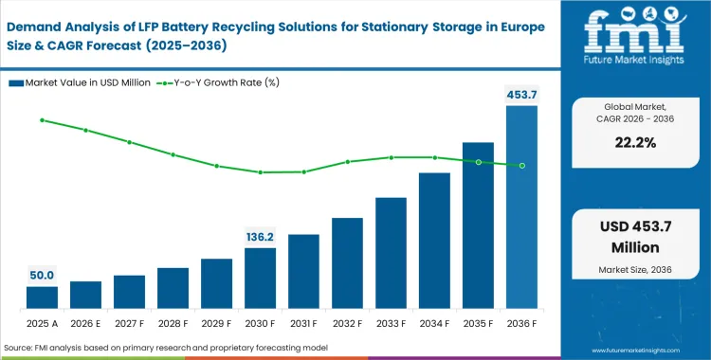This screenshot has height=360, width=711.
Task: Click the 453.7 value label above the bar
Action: point(521,94)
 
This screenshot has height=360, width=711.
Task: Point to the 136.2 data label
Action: point(260,236)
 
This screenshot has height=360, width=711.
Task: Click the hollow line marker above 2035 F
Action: point(478,162)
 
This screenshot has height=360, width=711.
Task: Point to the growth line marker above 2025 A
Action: point(42,120)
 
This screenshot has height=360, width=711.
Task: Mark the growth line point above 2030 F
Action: point(260,172)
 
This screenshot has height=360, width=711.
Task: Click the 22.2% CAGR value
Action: point(629,142)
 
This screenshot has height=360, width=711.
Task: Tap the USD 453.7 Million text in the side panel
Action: point(629,237)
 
